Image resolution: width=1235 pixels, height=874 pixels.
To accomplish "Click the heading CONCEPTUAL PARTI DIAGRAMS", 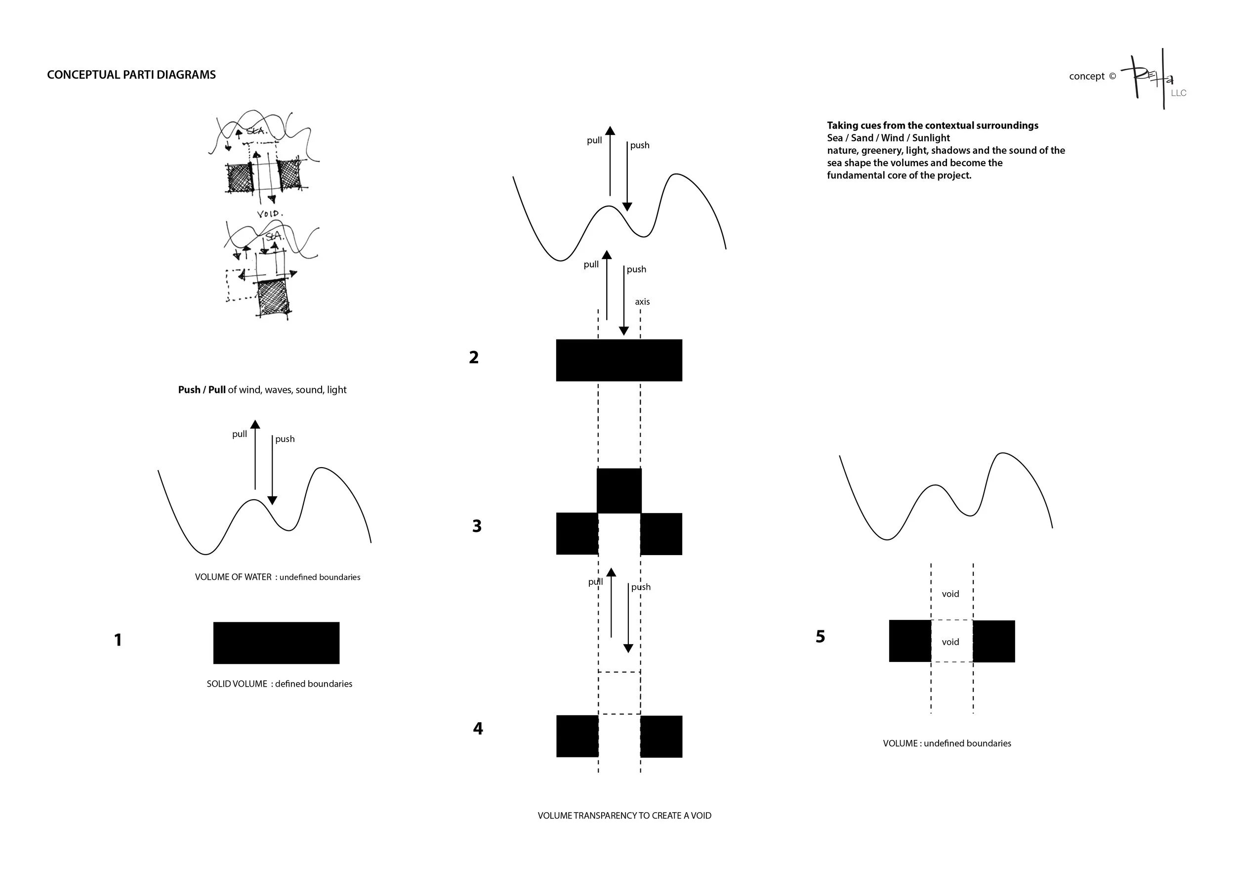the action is click(131, 75).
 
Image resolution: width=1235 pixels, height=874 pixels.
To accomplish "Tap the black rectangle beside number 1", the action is click(276, 643).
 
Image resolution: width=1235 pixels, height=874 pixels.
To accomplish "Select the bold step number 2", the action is click(473, 357).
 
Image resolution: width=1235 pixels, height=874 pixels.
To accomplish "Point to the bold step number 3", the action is click(477, 526).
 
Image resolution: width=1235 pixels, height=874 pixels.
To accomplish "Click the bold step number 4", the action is click(478, 729).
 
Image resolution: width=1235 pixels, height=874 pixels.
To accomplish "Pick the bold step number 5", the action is click(820, 637).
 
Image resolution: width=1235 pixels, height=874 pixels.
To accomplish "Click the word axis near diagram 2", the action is click(642, 302).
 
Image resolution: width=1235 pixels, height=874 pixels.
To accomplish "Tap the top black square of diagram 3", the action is click(619, 490).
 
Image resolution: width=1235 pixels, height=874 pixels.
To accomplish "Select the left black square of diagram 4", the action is click(577, 736).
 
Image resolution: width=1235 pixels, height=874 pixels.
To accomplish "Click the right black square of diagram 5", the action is click(993, 641).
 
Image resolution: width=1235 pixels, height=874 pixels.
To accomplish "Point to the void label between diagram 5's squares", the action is click(950, 642).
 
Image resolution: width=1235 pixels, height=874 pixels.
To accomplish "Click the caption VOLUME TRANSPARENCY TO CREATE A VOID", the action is click(624, 815).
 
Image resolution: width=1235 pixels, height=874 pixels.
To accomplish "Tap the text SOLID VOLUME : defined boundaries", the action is click(279, 684).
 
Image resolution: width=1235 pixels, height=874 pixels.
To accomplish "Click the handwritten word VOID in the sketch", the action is click(270, 214).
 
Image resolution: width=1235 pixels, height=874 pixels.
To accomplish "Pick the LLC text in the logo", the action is click(1179, 93).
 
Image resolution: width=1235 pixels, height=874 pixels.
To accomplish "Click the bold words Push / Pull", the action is click(202, 390).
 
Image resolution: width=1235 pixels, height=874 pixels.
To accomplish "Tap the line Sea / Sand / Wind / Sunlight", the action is click(889, 138).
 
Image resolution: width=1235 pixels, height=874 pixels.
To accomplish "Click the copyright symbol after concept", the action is click(1112, 77).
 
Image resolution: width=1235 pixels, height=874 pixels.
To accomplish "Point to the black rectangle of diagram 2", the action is click(619, 360).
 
